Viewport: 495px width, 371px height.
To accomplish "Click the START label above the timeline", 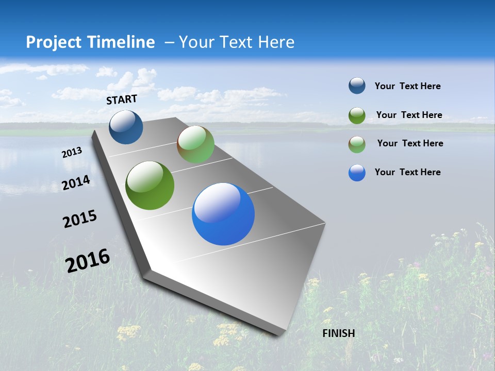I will tap(122, 99).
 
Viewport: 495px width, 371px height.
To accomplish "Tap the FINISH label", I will tap(339, 333).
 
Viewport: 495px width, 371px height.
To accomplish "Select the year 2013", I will tap(72, 153).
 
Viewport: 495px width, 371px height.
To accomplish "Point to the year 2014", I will tap(76, 182).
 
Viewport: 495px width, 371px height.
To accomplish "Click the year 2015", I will tap(80, 219).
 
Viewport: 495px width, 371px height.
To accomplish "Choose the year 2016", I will tap(88, 261).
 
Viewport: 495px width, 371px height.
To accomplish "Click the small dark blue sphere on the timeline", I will tap(126, 127).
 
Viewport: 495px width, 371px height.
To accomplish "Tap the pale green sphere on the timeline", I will tap(195, 144).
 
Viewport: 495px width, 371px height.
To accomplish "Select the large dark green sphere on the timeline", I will tap(150, 185).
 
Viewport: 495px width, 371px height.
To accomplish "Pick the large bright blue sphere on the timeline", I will tap(223, 214).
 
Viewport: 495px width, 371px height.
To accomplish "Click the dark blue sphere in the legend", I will tap(357, 86).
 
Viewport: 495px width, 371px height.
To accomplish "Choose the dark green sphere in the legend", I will tap(357, 115).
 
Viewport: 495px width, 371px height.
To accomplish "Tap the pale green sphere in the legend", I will tap(357, 144).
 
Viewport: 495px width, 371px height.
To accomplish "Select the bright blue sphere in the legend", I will tap(357, 173).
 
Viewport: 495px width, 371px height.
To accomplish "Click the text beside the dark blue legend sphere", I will tap(407, 87).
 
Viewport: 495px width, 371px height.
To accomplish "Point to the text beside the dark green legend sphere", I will tap(409, 115).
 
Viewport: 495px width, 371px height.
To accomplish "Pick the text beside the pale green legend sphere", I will tap(410, 143).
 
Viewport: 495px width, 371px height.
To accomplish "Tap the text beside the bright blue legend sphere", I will tap(407, 172).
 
